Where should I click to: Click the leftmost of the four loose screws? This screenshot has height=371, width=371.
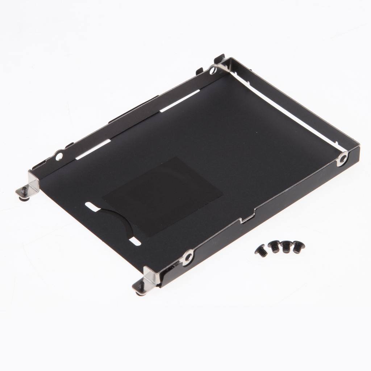(261, 251)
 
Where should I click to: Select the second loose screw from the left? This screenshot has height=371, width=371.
(274, 248)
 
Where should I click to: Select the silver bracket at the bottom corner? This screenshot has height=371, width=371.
(150, 277)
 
